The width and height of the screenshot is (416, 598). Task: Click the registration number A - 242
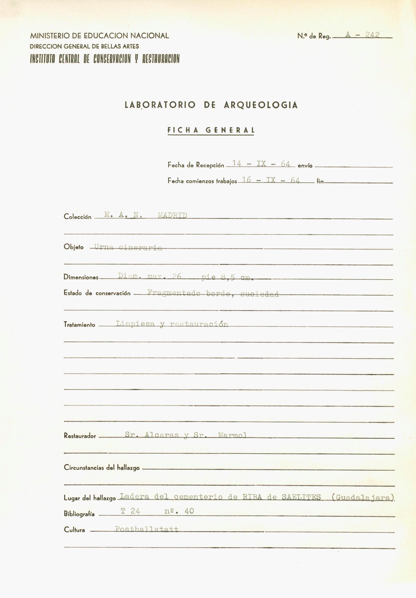pyautogui.click(x=362, y=35)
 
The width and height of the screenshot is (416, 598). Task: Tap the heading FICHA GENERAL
pyautogui.click(x=211, y=130)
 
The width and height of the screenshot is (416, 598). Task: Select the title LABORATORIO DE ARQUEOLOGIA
pyautogui.click(x=211, y=105)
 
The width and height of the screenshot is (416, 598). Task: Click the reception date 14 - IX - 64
pyautogui.click(x=261, y=164)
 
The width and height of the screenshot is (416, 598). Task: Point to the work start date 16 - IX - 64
pyautogui.click(x=271, y=180)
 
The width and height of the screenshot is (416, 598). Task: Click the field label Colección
pyautogui.click(x=77, y=217)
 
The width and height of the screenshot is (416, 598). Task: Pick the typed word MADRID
pyautogui.click(x=173, y=215)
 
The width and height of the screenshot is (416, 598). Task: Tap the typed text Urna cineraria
pyautogui.click(x=128, y=247)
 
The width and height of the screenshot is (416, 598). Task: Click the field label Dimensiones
pyautogui.click(x=81, y=277)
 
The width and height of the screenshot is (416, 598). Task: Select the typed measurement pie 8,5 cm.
pyautogui.click(x=227, y=277)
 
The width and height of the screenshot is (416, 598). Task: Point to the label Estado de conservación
pyautogui.click(x=97, y=293)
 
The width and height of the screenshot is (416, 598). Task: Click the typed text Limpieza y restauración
pyautogui.click(x=172, y=324)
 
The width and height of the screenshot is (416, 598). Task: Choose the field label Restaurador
pyautogui.click(x=80, y=436)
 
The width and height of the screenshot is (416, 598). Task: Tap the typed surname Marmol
pyautogui.click(x=232, y=435)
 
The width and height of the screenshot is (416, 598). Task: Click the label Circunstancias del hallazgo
pyautogui.click(x=102, y=468)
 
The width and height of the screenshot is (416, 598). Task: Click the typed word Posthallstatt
pyautogui.click(x=147, y=529)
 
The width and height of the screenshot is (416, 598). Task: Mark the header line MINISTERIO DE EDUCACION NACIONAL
pyautogui.click(x=100, y=36)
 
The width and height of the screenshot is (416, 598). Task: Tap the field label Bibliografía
pyautogui.click(x=79, y=514)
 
